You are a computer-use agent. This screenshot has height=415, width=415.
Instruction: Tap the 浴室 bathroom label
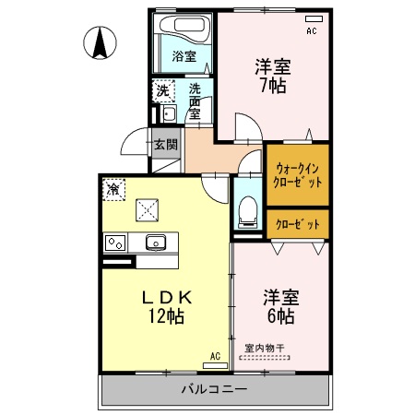(x=184, y=56)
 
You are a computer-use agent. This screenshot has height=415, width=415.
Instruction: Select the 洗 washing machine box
(x=162, y=90)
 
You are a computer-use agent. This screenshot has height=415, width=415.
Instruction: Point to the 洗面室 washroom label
(x=196, y=101)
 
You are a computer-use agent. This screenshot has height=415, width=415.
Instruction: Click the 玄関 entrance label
(x=166, y=143)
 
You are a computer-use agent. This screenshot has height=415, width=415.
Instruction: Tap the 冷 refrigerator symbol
(x=113, y=189)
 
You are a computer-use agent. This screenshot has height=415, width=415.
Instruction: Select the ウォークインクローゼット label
(x=298, y=175)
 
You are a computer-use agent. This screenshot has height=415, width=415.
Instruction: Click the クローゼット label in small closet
(x=298, y=224)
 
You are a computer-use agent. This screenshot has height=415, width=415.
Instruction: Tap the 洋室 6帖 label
(x=279, y=307)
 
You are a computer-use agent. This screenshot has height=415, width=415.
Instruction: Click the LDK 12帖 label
(x=166, y=307)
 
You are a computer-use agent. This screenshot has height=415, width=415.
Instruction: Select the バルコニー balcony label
(x=213, y=390)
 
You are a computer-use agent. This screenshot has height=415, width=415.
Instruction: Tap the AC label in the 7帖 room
(x=311, y=30)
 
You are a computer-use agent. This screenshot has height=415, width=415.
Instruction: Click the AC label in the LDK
(x=215, y=356)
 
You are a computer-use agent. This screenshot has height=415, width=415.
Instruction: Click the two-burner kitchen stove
(x=115, y=243)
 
